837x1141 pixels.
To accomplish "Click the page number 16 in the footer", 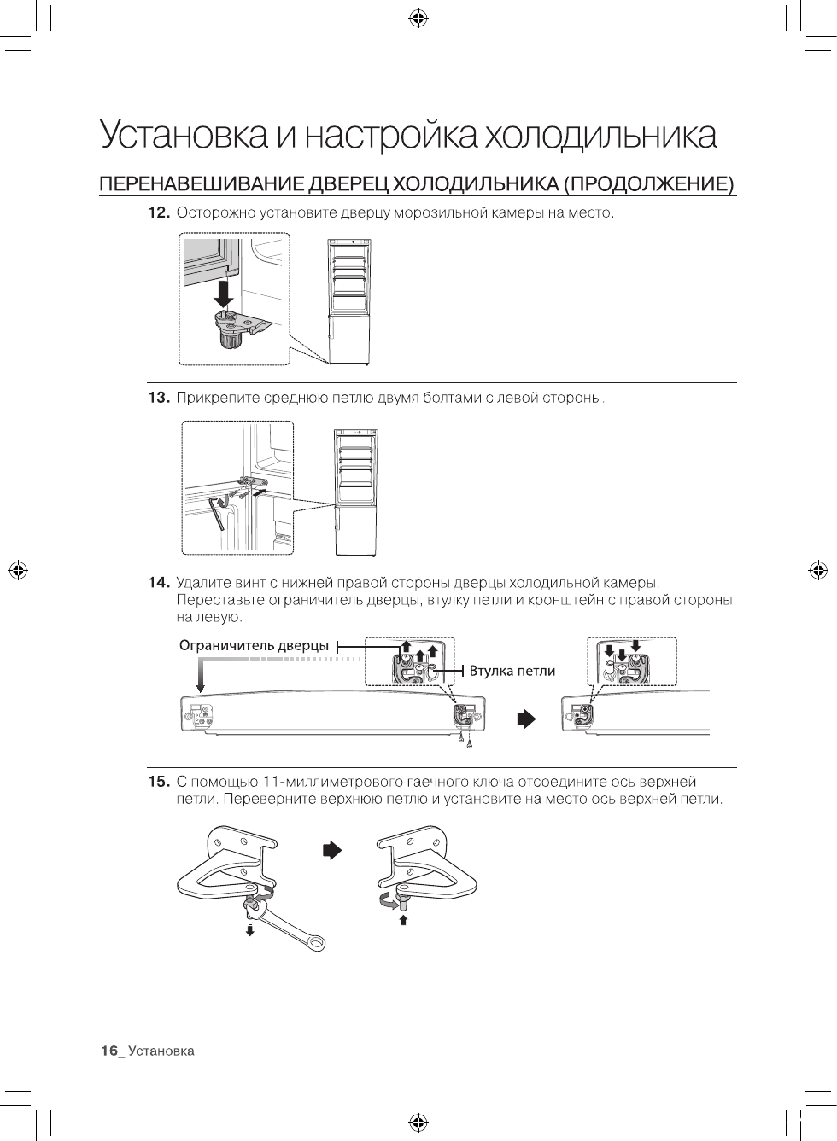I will pyautogui.click(x=108, y=1051).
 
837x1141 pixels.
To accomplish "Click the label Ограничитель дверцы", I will pyautogui.click(x=254, y=645).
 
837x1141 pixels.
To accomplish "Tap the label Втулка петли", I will pyautogui.click(x=512, y=671).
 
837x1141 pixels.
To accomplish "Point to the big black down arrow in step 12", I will pyautogui.click(x=223, y=294).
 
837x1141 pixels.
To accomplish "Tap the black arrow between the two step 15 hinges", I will pyautogui.click(x=331, y=850).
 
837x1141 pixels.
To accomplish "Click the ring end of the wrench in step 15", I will pyautogui.click(x=316, y=942).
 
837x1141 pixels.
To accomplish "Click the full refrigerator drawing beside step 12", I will pyautogui.click(x=349, y=302).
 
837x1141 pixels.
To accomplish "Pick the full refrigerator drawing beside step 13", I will pyautogui.click(x=354, y=491).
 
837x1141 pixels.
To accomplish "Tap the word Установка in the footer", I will pyautogui.click(x=161, y=1051).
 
